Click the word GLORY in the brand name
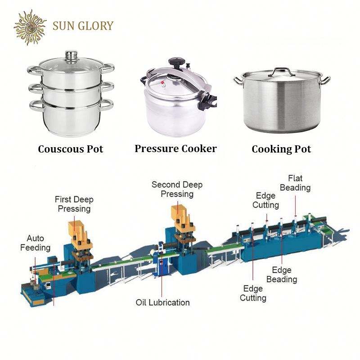[x=97, y=26]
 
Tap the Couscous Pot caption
[x=71, y=148]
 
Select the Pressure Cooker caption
[x=175, y=148]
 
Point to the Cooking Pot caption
[x=281, y=149]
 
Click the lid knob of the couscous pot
[x=71, y=56]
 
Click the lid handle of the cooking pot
[x=282, y=71]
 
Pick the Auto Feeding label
[x=38, y=243]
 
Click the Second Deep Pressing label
[x=177, y=189]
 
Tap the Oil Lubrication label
[x=163, y=302]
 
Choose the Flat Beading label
[x=295, y=182]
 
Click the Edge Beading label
[x=282, y=274]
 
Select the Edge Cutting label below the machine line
[x=253, y=293]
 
